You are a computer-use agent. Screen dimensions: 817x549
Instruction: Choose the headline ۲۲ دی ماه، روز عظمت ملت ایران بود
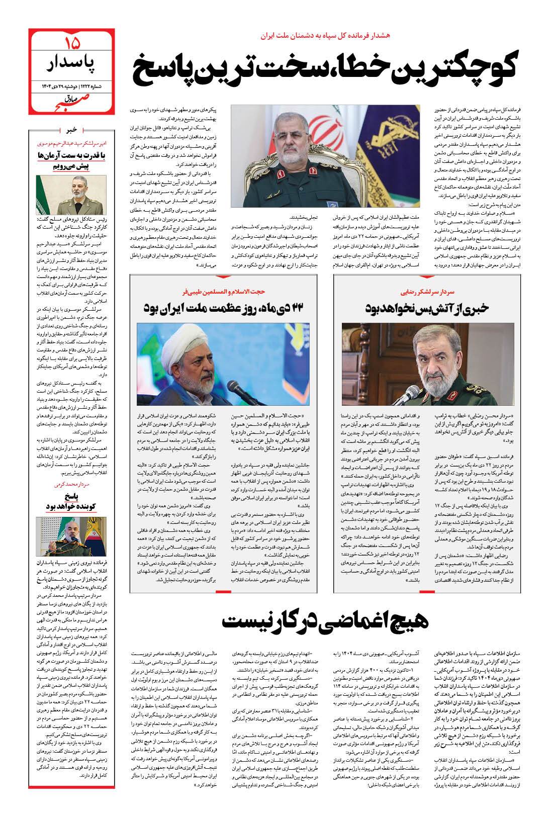click(x=228, y=308)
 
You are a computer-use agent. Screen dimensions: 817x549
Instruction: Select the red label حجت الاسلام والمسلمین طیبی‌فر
click(x=226, y=291)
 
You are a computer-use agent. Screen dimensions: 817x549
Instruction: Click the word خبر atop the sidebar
click(x=72, y=131)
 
